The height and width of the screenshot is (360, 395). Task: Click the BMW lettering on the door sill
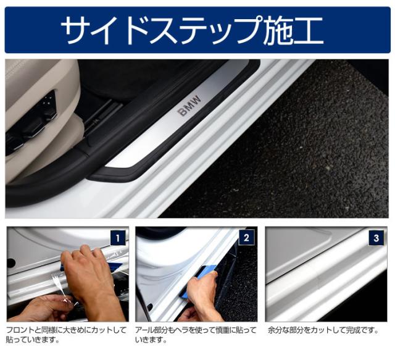[190, 106]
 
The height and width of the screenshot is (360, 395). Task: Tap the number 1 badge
[118, 238]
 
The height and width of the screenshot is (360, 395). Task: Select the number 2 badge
[246, 238]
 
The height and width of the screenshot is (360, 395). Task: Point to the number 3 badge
[376, 238]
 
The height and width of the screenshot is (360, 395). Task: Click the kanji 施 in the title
[275, 30]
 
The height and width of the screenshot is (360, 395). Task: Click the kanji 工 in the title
[307, 30]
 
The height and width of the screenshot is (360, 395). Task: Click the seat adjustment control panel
[45, 111]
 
